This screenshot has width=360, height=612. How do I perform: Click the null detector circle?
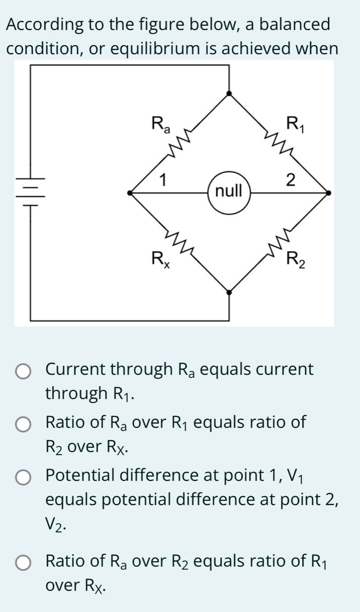click(229, 192)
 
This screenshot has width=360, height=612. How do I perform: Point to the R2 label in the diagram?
click(296, 261)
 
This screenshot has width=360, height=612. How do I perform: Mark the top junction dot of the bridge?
click(229, 94)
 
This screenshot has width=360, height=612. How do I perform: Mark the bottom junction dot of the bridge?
click(229, 292)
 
